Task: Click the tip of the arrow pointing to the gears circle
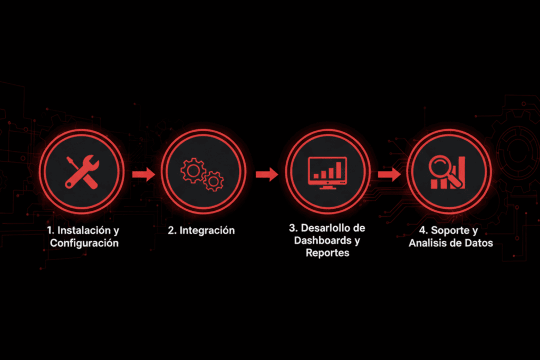point(156,174)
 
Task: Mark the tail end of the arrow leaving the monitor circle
point(378,174)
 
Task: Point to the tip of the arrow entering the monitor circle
point(278,174)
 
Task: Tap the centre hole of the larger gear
point(193,170)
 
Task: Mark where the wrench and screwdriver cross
point(82,172)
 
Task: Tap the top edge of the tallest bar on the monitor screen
point(339,162)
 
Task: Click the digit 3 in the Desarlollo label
point(292,228)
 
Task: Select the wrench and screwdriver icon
point(82,172)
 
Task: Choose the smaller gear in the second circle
point(214,181)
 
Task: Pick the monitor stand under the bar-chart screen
point(327,187)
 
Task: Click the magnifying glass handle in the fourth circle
point(455,181)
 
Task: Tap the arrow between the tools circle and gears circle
point(144,174)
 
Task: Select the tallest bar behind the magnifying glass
point(461,172)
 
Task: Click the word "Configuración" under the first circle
point(84,243)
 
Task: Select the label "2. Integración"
point(201,230)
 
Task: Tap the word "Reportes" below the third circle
point(327,253)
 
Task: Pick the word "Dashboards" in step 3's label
point(323,240)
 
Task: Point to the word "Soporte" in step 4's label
point(449,230)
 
